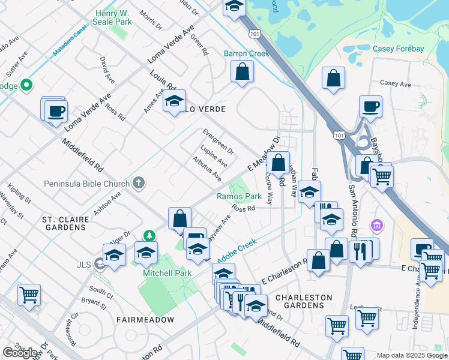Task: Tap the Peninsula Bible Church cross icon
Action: click(x=139, y=183)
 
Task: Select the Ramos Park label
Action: click(x=239, y=196)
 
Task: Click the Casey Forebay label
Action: click(x=398, y=49)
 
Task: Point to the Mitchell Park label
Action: click(x=166, y=272)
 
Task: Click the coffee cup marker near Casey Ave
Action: click(x=370, y=106)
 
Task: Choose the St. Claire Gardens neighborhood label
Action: click(x=65, y=223)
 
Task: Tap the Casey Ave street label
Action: click(x=396, y=85)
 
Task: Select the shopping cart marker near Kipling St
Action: click(x=29, y=295)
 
